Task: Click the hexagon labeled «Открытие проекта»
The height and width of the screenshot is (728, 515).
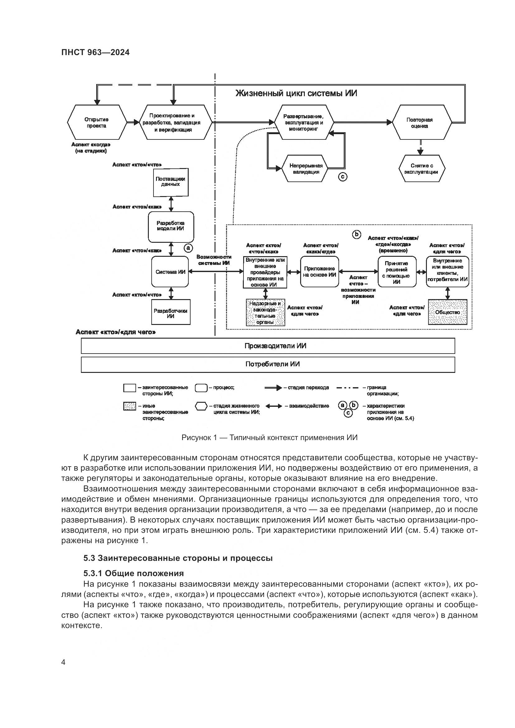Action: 97,122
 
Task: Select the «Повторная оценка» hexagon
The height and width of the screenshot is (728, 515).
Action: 422,122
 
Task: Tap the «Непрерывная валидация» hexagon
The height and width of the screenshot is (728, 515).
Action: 306,168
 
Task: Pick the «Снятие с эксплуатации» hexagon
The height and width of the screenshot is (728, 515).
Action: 422,168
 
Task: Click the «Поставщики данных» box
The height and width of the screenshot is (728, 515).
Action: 171,182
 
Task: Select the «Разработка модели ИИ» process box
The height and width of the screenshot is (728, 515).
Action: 171,226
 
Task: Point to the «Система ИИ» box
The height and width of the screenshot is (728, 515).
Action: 171,272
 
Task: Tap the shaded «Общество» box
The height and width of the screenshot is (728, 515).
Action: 447,312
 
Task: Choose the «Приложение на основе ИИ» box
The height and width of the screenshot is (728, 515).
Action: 319,272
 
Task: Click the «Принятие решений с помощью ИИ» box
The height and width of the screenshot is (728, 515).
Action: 397,272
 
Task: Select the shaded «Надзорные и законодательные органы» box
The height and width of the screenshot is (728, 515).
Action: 265,312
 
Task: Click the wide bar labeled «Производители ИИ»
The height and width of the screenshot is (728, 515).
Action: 268,345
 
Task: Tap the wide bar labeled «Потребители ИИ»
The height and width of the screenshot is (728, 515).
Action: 268,364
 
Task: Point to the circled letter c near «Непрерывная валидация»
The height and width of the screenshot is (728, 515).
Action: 343,176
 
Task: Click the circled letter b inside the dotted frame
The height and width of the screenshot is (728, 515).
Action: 357,234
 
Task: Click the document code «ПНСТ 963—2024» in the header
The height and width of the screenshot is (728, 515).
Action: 96,53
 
